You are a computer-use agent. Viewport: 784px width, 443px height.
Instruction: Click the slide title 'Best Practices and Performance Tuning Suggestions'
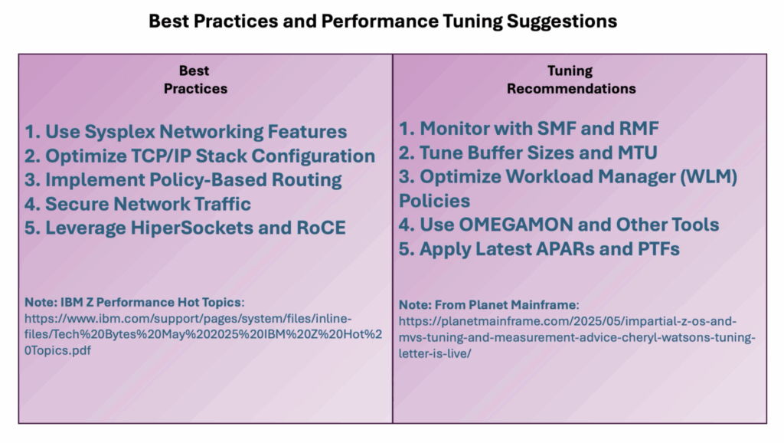(x=383, y=21)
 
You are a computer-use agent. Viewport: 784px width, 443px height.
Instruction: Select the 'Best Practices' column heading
(x=195, y=80)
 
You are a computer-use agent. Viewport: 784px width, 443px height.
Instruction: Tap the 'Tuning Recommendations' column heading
(x=571, y=80)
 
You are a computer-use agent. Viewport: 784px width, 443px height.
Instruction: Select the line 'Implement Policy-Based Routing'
(x=183, y=180)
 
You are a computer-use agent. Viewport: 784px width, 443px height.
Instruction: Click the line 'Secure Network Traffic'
(x=138, y=204)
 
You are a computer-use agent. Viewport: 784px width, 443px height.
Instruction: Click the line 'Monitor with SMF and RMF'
(x=528, y=129)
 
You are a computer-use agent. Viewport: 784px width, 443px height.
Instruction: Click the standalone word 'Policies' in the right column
(x=435, y=201)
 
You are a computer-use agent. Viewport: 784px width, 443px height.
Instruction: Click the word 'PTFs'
(x=658, y=249)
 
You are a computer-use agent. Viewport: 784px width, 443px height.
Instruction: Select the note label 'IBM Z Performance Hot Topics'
(x=151, y=302)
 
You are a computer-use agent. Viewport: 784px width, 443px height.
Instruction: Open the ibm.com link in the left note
(x=203, y=334)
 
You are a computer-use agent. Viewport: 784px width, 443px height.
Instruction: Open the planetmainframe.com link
(x=577, y=337)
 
